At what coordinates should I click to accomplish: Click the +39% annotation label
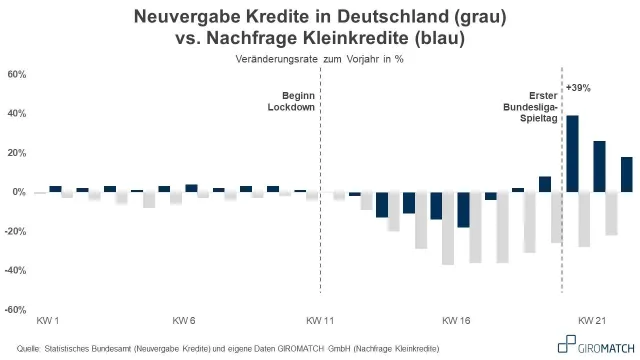578,88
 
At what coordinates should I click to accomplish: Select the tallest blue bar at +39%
572,153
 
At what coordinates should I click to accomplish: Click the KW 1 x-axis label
47,321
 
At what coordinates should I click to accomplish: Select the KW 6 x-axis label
184,321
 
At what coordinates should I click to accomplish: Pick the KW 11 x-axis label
320,321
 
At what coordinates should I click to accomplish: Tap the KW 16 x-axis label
456,321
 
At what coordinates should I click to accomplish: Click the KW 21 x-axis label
592,321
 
